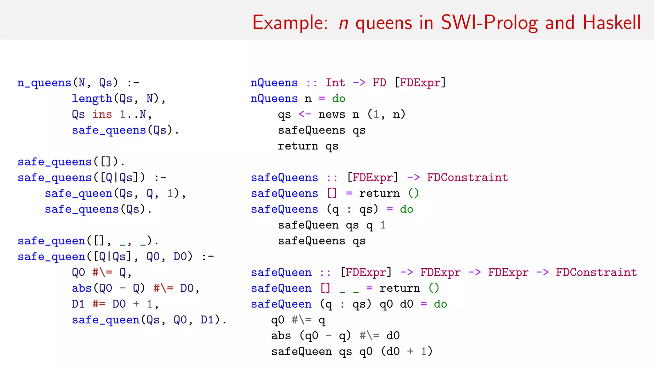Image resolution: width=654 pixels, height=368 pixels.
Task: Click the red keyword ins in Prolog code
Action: click(x=102, y=114)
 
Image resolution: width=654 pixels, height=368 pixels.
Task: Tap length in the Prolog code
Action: click(x=92, y=99)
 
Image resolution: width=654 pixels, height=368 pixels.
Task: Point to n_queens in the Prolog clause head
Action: click(x=44, y=83)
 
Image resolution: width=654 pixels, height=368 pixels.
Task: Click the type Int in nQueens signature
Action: click(x=335, y=83)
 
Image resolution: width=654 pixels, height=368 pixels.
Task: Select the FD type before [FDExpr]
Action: click(x=379, y=83)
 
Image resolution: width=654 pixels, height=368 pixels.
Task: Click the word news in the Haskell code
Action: click(x=332, y=114)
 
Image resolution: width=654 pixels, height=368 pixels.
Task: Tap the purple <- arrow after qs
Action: click(x=305, y=114)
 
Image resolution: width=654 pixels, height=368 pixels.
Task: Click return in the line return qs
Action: click(x=298, y=146)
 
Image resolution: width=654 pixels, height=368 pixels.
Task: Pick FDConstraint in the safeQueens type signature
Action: click(x=468, y=178)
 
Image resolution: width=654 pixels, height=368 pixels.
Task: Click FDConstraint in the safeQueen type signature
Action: click(x=596, y=272)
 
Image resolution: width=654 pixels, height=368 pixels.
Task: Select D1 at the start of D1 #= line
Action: click(x=78, y=304)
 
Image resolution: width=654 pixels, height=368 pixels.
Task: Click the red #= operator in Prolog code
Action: click(x=99, y=304)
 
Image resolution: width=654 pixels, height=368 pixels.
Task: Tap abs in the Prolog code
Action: click(x=82, y=288)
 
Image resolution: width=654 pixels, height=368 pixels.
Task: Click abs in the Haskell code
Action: click(x=281, y=336)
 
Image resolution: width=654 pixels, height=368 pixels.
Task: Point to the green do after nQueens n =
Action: click(x=338, y=99)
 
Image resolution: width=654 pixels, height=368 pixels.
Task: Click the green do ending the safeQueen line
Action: click(x=440, y=304)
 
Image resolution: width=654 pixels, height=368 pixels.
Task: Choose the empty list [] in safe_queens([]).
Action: click(x=105, y=162)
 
